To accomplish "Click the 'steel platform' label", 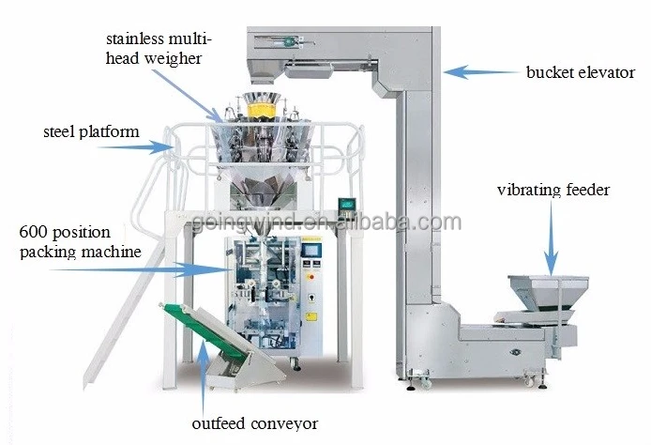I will [91, 131].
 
